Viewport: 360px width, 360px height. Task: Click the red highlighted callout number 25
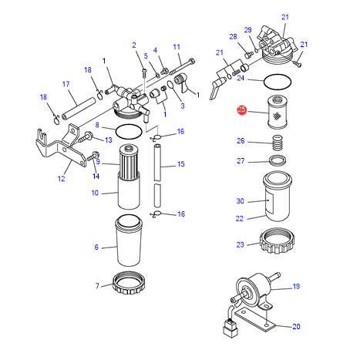241,109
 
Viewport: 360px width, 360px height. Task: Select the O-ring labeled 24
278,75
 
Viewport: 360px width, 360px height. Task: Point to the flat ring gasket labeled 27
278,160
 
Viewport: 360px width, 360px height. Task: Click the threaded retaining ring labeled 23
277,241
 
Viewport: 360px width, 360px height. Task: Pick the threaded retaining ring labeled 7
128,284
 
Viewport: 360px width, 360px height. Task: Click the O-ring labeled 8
129,125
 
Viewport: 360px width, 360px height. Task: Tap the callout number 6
96,247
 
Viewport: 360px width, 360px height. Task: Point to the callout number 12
61,178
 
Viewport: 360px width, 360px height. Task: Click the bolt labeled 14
93,156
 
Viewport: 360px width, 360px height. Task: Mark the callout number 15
181,164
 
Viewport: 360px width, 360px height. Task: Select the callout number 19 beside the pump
296,286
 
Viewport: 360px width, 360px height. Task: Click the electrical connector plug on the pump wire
230,328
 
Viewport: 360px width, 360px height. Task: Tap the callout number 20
296,326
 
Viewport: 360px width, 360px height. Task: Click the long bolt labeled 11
182,66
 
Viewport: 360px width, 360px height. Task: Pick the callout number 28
233,37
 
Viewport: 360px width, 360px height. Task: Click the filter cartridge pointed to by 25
278,112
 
